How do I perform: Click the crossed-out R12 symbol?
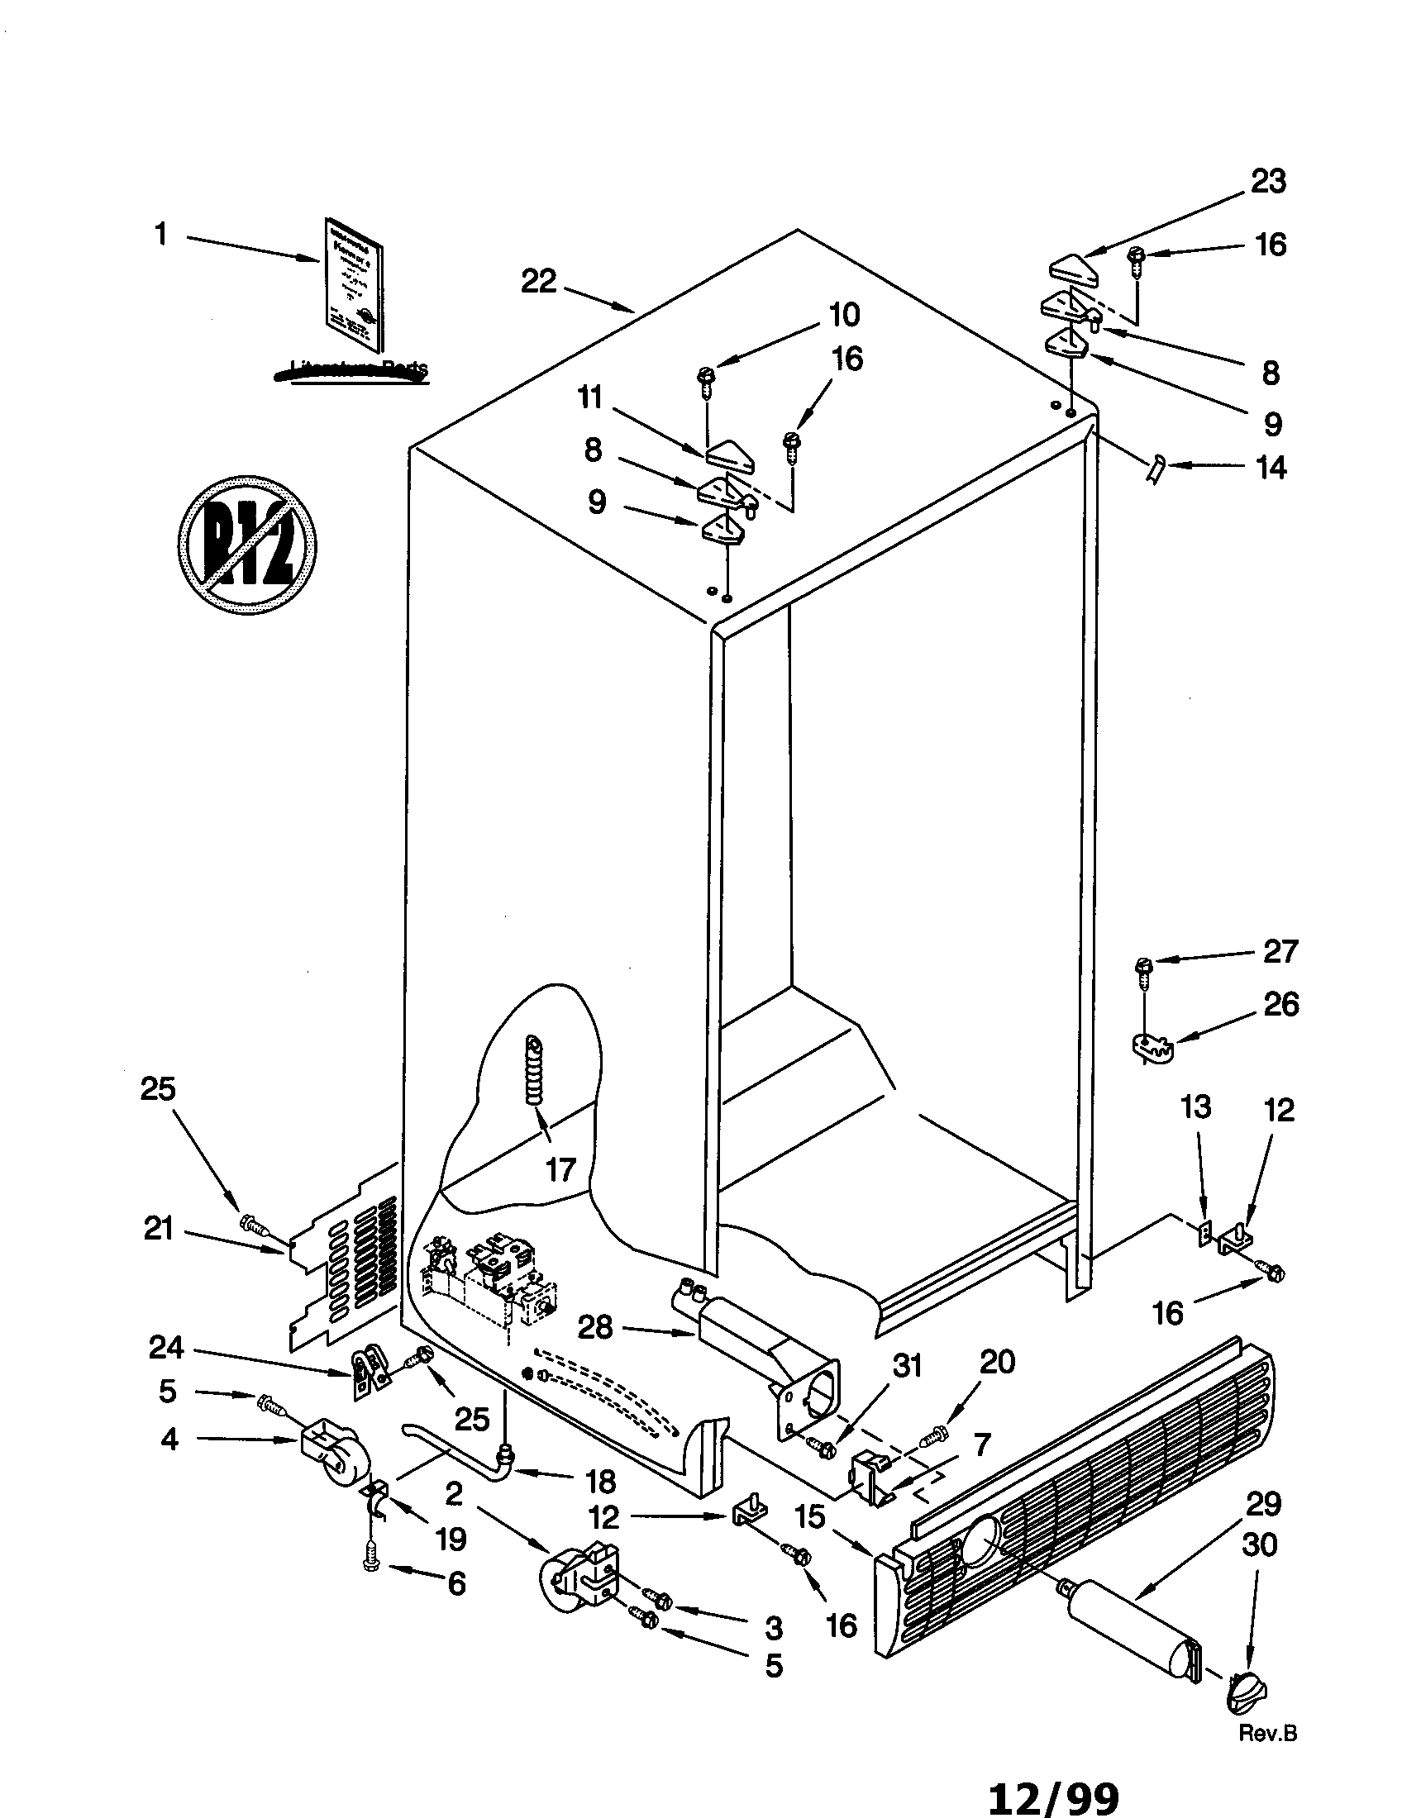click(247, 546)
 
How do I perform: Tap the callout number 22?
click(538, 281)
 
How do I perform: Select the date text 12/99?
click(1053, 1799)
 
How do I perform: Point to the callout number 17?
click(560, 1169)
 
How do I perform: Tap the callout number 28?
click(594, 1327)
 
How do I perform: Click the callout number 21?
click(158, 1228)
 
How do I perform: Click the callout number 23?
click(1268, 182)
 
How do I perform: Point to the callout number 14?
click(1271, 468)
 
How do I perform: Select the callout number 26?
click(1280, 1005)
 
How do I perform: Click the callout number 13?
click(1195, 1107)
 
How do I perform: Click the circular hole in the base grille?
click(980, 1538)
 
